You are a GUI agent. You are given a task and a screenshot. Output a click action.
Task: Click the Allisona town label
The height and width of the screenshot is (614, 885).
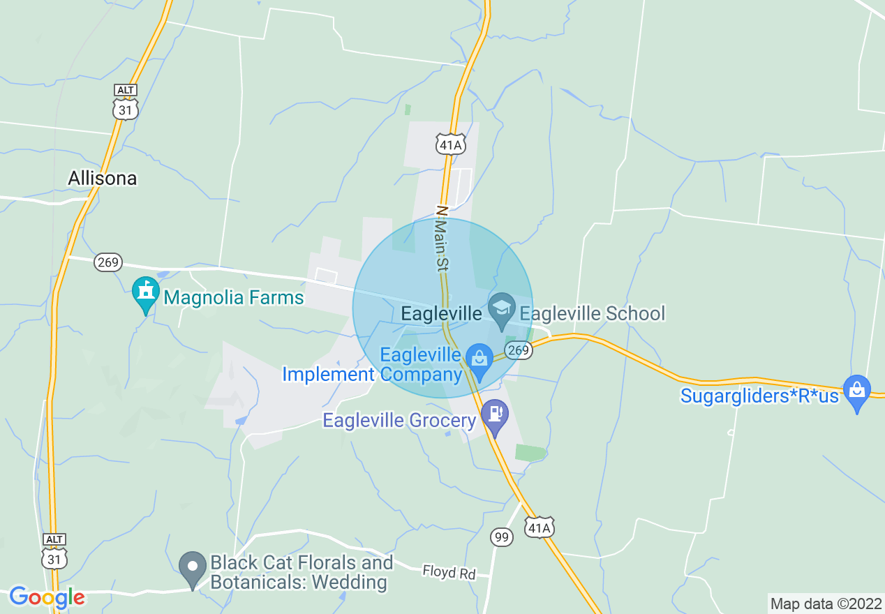point(102,179)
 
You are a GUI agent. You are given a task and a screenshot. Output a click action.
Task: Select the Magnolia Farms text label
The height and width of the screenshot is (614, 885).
point(234,298)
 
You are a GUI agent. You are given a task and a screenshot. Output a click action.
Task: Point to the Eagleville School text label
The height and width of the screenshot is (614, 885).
point(593,313)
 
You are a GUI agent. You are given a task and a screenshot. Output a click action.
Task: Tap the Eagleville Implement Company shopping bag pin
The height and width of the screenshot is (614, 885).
point(479,359)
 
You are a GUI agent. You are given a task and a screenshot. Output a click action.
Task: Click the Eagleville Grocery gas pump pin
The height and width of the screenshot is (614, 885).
point(495,414)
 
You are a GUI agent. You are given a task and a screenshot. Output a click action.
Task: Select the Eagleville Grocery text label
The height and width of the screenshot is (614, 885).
point(399,421)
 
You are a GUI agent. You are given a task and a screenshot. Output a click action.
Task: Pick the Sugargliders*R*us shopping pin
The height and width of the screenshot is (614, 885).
point(856,391)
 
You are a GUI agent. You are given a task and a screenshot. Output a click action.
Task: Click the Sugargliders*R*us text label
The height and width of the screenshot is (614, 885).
point(759,396)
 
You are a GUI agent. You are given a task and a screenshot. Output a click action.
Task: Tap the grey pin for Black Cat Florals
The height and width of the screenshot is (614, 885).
point(192,567)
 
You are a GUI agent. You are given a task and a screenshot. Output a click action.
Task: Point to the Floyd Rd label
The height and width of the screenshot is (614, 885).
point(449,573)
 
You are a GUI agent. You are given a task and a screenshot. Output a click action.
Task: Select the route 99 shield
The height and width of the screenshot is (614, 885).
point(502,537)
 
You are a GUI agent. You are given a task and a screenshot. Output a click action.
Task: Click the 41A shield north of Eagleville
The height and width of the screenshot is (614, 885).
point(450,144)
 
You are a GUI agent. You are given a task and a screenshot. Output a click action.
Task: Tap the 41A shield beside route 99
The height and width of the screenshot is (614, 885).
point(540,527)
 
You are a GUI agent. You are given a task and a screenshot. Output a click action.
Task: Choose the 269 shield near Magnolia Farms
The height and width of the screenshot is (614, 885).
point(109,263)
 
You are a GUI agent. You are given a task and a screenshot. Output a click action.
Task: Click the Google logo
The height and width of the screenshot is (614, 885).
point(47,597)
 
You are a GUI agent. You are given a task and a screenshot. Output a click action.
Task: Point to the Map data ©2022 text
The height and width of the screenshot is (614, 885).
point(826,604)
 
